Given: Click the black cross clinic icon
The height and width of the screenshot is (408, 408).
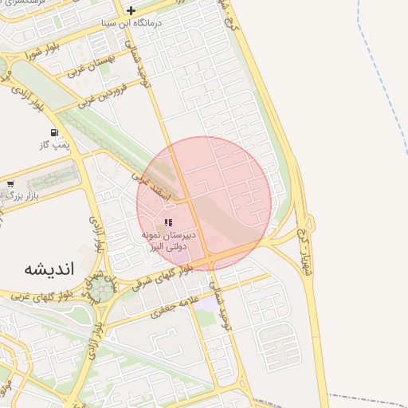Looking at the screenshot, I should pos(131,10).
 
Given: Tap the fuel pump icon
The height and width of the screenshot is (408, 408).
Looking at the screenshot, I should pos(53,132).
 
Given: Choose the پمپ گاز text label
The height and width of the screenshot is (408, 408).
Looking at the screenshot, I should pos(55,146).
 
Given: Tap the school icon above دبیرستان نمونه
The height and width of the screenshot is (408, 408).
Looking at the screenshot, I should pos(167,222).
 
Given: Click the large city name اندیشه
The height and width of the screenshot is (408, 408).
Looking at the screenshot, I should pos(45,269).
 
